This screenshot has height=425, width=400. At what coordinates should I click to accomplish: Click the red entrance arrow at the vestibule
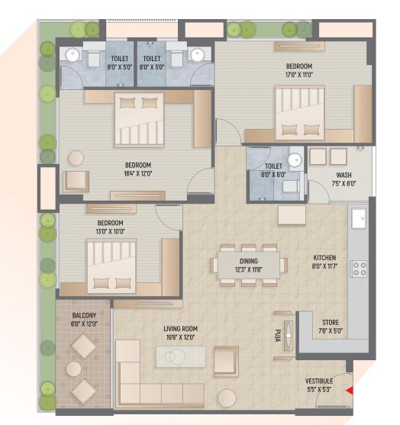350,391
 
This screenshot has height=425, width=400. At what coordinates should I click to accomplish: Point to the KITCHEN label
324,263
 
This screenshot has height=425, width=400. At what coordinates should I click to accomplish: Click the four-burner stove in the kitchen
358,269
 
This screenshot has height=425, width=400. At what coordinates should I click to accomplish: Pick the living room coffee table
180,356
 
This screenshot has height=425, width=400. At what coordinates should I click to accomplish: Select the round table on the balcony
74,369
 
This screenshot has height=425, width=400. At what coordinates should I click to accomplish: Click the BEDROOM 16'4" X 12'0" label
138,169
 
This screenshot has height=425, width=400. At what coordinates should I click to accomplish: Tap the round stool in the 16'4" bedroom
76,158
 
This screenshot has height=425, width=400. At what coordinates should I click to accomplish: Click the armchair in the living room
226,360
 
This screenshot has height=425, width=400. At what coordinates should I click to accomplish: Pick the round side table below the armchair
227,398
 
